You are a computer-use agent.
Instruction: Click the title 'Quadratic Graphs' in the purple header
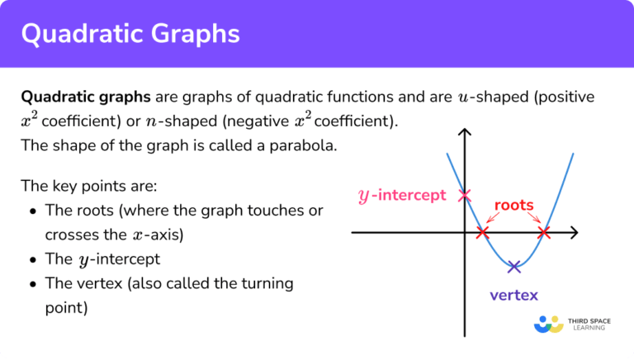pyautogui.click(x=130, y=34)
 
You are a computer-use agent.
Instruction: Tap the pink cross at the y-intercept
pyautogui.click(x=464, y=196)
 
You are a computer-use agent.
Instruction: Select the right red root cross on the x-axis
pyautogui.click(x=543, y=233)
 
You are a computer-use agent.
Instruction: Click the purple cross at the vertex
pyautogui.click(x=514, y=266)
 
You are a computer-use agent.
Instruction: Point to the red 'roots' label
pyautogui.click(x=513, y=205)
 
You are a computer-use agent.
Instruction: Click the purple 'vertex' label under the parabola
pyautogui.click(x=513, y=295)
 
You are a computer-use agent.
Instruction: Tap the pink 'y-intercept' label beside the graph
pyautogui.click(x=401, y=196)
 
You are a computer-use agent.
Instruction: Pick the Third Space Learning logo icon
pyautogui.click(x=549, y=324)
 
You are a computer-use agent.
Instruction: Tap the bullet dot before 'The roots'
pyautogui.click(x=32, y=211)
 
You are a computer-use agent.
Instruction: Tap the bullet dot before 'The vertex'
pyautogui.click(x=32, y=284)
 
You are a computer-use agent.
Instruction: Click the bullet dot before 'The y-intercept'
pyautogui.click(x=32, y=259)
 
